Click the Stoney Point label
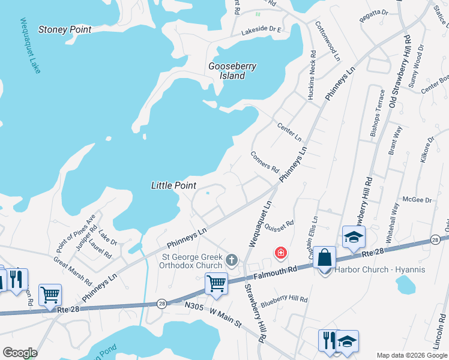coord(65,29)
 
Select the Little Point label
coord(173,186)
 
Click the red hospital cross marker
coord(280,253)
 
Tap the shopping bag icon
coord(324,259)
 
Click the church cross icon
coord(232,260)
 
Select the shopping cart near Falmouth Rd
coord(216,283)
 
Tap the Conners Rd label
coord(265,160)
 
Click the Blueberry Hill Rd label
coord(284,299)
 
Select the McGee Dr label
coord(417,200)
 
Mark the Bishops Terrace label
coord(378,113)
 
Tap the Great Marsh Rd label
coord(73,272)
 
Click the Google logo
coord(20,352)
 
